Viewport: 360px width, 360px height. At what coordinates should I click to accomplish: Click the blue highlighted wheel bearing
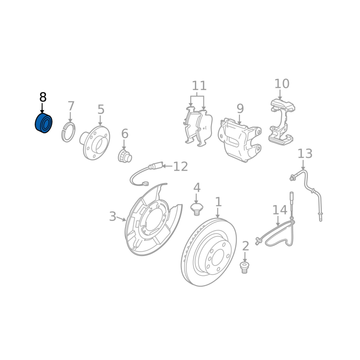pyautogui.click(x=44, y=123)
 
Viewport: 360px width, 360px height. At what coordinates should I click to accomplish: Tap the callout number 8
pyautogui.click(x=43, y=97)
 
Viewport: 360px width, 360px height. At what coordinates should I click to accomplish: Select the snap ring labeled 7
pyautogui.click(x=68, y=132)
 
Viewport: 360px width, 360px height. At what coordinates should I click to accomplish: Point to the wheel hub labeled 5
pyautogui.click(x=95, y=143)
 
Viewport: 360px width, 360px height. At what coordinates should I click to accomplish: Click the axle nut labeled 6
pyautogui.click(x=125, y=156)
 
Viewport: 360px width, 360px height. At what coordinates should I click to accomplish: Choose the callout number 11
pyautogui.click(x=199, y=85)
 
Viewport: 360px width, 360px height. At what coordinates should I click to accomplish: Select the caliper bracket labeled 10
pyautogui.click(x=282, y=122)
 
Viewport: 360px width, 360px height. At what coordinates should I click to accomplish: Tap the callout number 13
pyautogui.click(x=305, y=153)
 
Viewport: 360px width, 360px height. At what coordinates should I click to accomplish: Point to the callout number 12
pyautogui.click(x=180, y=166)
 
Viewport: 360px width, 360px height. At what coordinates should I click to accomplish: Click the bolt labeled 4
pyautogui.click(x=197, y=209)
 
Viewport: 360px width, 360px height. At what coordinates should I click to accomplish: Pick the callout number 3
pyautogui.click(x=112, y=216)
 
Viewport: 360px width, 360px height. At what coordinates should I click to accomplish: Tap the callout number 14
pyautogui.click(x=280, y=210)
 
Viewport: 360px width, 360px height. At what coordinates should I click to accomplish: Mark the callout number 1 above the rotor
pyautogui.click(x=218, y=202)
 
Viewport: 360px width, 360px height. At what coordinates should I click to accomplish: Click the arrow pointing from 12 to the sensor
pyautogui.click(x=167, y=166)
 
